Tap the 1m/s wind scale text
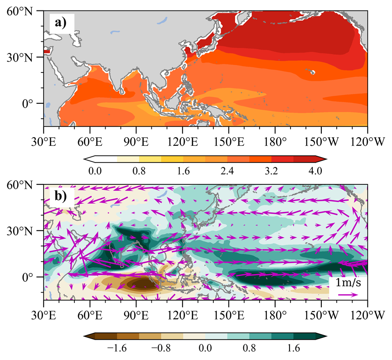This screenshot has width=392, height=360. click(x=348, y=283)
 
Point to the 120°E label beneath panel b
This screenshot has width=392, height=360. click(x=182, y=315)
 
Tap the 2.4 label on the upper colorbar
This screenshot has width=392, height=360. click(x=227, y=171)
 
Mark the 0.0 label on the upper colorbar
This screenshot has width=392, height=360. click(x=95, y=171)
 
